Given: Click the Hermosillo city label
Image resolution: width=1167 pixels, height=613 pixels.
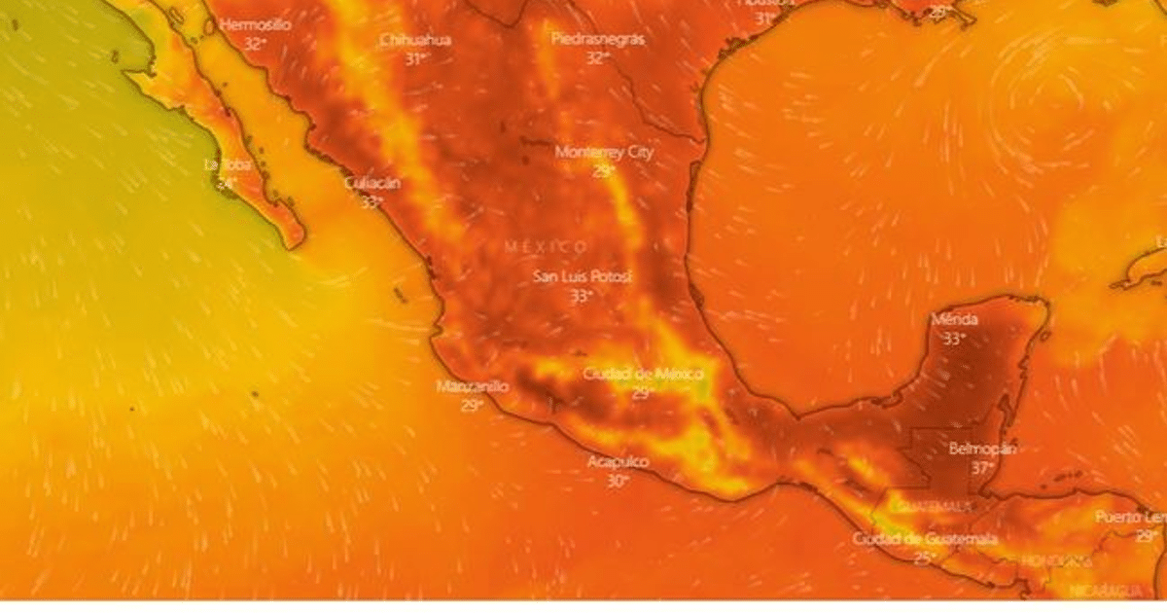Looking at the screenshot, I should click(x=255, y=25).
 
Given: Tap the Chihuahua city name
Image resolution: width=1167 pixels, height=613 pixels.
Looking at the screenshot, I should click(x=415, y=40).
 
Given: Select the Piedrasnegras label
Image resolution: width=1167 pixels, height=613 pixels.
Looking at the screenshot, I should click(x=597, y=39).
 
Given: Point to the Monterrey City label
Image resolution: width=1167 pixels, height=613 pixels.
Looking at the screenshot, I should click(x=604, y=152).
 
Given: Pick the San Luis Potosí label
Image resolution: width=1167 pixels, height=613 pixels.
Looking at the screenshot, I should click(x=583, y=277).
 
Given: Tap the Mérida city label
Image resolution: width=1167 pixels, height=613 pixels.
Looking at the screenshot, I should click(x=954, y=319).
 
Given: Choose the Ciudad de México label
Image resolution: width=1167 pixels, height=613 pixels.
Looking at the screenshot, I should click(x=642, y=374).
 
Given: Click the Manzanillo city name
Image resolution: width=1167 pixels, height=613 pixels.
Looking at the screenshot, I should click(x=472, y=386).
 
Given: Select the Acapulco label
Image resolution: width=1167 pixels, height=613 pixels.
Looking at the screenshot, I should click(x=618, y=461).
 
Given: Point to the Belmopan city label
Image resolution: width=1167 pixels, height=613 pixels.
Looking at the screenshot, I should click(x=982, y=449).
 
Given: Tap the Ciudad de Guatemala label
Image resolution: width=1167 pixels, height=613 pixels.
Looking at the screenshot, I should click(x=925, y=539).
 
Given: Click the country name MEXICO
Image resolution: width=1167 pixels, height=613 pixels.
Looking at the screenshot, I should click(x=546, y=247).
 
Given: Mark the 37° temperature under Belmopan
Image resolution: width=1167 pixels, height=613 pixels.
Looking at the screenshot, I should click(x=982, y=467).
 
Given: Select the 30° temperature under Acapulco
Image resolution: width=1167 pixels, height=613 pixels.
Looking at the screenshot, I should click(x=618, y=480).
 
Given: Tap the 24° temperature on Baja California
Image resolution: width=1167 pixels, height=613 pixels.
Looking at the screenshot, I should click(x=226, y=183).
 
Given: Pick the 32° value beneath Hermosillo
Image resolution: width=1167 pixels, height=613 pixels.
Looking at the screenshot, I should click(x=255, y=44).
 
